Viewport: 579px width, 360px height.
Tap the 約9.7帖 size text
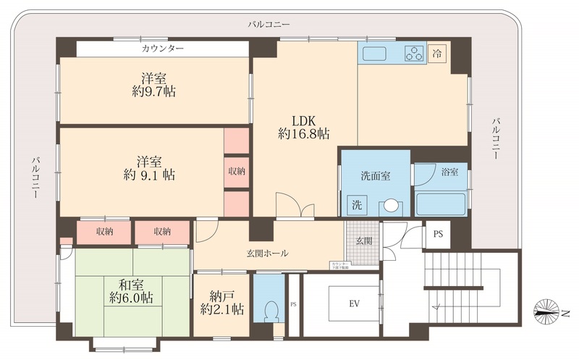click(x=155, y=92)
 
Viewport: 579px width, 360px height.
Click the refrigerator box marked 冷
click(x=436, y=53)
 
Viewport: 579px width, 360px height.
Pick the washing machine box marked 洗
click(x=356, y=204)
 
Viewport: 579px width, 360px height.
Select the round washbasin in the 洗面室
click(x=391, y=206)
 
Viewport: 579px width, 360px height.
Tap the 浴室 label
click(x=450, y=172)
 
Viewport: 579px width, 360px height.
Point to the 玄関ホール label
click(x=266, y=254)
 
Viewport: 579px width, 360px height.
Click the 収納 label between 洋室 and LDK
click(x=236, y=172)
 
